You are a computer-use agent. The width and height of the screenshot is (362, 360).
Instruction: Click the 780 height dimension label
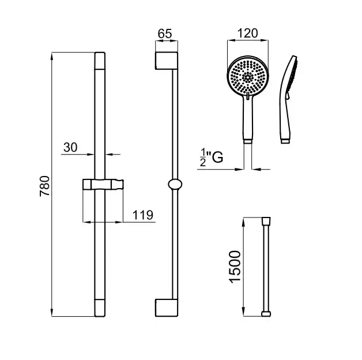[x=44, y=186]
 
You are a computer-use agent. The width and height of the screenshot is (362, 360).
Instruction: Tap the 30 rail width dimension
[x=70, y=147]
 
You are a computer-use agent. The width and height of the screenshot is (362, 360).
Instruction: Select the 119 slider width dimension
[x=143, y=215]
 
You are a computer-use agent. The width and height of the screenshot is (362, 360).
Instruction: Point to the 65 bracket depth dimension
[x=165, y=33]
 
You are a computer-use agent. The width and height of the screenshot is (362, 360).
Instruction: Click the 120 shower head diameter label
[x=247, y=33]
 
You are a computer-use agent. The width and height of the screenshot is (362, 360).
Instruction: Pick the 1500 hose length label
[x=235, y=267]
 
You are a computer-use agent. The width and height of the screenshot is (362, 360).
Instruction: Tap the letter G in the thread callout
[x=217, y=157]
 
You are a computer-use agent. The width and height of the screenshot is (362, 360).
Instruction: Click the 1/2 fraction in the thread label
[x=203, y=157]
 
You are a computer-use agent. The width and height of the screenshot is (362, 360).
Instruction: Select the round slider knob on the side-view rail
[x=175, y=184]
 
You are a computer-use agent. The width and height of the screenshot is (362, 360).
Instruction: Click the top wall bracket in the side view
[x=167, y=61]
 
